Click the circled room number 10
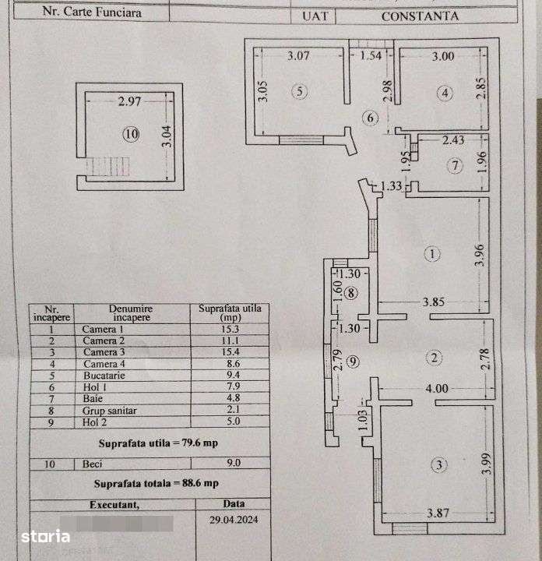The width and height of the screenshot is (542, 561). click(x=130, y=134)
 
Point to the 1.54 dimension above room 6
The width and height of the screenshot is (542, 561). click(x=372, y=55)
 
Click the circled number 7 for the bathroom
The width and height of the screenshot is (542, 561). click(x=456, y=165)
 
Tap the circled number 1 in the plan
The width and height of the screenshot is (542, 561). click(x=433, y=253)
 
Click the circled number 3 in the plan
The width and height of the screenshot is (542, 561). click(x=440, y=465)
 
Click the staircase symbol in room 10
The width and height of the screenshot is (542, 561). click(x=98, y=166)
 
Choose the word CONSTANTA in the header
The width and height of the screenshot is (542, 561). click(x=420, y=16)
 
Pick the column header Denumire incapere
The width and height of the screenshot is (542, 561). click(x=131, y=312)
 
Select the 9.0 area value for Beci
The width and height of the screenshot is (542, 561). click(x=232, y=463)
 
